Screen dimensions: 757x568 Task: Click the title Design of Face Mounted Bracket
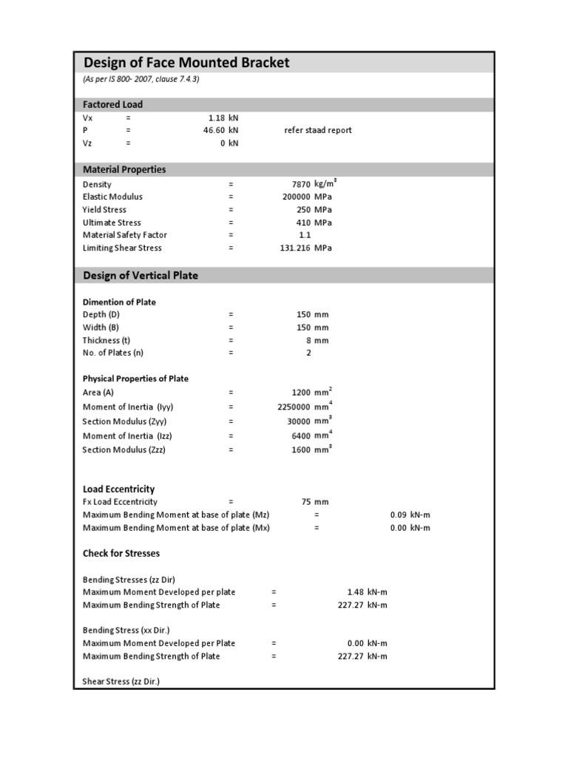[x=186, y=62]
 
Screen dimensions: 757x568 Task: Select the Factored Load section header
[x=113, y=104]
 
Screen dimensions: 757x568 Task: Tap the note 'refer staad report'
[x=318, y=130]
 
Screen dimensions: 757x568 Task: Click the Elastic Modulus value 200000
[x=294, y=197]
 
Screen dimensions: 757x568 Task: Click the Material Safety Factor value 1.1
[x=305, y=235]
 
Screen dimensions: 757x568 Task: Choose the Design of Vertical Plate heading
[x=141, y=275]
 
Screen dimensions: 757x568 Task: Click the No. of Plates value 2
[x=308, y=353]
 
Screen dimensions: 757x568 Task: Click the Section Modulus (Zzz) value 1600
[x=300, y=449]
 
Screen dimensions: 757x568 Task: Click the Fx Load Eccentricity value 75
[x=306, y=502]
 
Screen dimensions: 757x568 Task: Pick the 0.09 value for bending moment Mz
[x=399, y=515]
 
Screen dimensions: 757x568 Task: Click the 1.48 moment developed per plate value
[x=356, y=592]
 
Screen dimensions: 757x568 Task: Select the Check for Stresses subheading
[x=121, y=553]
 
